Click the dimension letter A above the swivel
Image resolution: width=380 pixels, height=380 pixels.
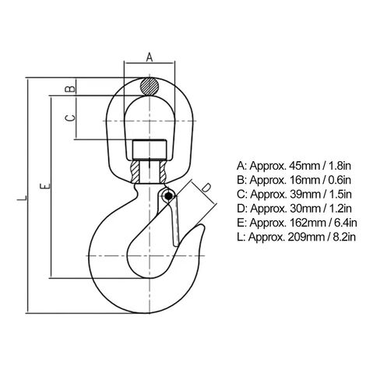150,57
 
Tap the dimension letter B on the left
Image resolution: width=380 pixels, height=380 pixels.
70,89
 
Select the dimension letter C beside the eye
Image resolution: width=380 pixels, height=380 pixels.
70,118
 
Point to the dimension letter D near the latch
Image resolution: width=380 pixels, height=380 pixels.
206,188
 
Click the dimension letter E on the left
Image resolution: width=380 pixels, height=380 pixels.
44,186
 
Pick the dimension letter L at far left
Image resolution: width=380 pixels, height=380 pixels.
22,198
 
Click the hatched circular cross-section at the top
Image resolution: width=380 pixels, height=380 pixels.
150,86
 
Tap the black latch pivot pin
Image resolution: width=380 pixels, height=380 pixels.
168,196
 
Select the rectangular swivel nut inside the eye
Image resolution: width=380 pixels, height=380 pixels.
150,150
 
